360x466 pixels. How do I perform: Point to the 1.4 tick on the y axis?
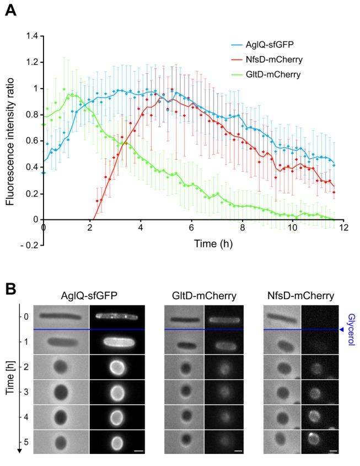click(31, 36)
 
